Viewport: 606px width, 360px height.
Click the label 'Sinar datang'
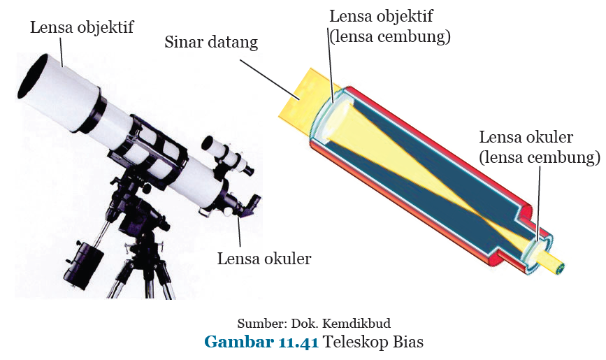click(211, 42)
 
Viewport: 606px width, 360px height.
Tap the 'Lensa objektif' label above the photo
click(82, 27)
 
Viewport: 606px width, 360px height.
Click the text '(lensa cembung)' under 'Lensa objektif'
click(389, 36)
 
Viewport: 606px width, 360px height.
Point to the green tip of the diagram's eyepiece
click(559, 268)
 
